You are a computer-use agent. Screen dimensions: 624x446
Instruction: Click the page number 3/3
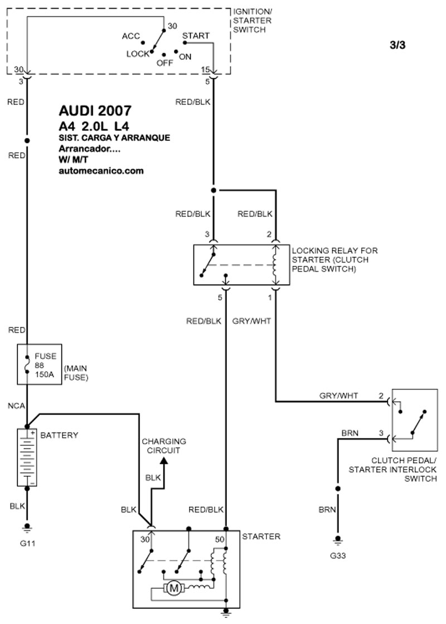click(x=397, y=46)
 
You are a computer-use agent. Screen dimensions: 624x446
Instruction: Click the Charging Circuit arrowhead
click(x=164, y=461)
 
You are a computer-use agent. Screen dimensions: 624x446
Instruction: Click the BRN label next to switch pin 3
click(x=350, y=432)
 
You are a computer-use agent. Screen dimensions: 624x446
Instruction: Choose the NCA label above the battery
click(x=16, y=406)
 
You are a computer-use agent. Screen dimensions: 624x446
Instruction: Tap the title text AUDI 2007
click(x=95, y=110)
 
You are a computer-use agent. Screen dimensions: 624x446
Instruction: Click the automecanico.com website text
click(x=101, y=171)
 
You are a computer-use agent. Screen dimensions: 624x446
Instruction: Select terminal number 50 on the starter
click(x=221, y=539)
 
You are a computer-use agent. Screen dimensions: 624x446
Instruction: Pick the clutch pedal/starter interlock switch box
click(x=414, y=420)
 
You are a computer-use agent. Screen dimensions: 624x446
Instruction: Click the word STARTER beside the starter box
click(x=261, y=536)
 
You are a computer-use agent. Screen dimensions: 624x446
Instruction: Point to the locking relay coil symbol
click(x=274, y=265)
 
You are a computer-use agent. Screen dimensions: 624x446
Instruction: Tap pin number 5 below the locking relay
click(x=220, y=298)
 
